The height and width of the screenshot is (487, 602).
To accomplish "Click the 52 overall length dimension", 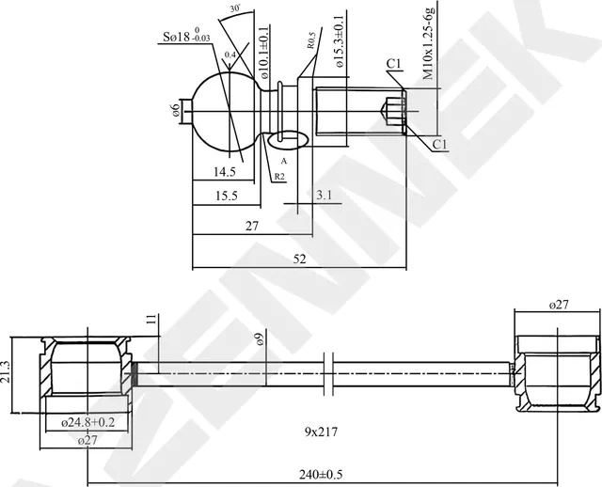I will point(299,259).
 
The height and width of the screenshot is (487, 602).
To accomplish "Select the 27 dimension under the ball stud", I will point(252,226).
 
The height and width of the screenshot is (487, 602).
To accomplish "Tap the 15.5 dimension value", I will point(225,196).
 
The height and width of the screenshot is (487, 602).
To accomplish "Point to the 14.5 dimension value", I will point(224,172).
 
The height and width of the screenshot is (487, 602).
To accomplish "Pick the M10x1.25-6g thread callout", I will point(429,43).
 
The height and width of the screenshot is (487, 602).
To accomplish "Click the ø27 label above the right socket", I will point(559,305).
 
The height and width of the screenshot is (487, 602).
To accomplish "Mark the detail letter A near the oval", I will point(283,161).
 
